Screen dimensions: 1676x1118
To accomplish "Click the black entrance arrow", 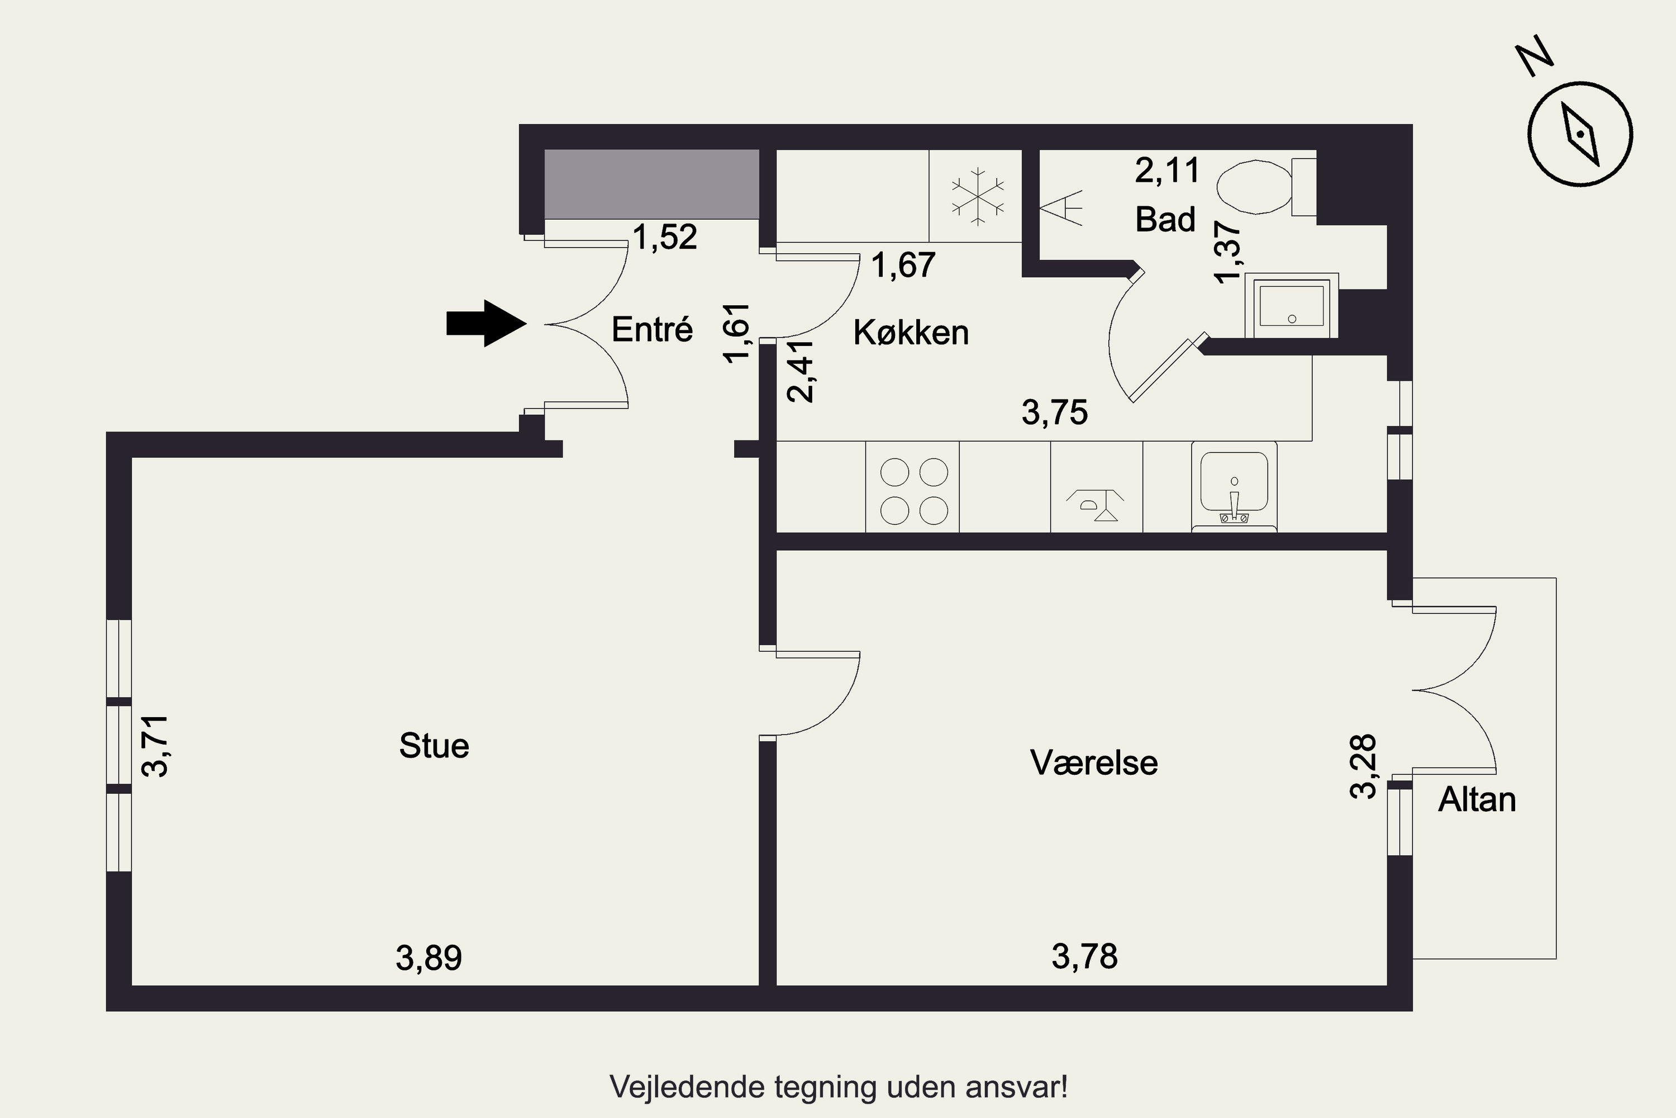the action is pos(486,324).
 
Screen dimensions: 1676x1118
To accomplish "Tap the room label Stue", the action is pos(434,746).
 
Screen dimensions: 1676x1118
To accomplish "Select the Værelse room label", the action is pos(1094,763).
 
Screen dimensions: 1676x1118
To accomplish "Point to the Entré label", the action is pos(652,329).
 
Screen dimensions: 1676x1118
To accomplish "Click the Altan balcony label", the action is pos(1477,799).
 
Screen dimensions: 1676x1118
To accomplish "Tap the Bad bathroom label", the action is pos(1165,219).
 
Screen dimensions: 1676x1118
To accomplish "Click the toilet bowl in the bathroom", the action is pos(1254,187).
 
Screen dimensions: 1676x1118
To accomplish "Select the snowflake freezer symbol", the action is pos(978,197).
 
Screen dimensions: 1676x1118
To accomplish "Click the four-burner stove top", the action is pos(913,491).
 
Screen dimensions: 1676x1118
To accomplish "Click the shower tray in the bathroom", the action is pos(1291,305).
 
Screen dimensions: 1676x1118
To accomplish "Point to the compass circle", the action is pos(1580,134).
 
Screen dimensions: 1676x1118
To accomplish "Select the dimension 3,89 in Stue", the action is pos(428,958).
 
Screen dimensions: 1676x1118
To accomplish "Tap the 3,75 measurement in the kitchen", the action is pos(1055,412).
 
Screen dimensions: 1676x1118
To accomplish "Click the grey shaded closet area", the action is pos(651,184).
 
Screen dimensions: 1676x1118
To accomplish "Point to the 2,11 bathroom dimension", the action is pos(1167,170).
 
